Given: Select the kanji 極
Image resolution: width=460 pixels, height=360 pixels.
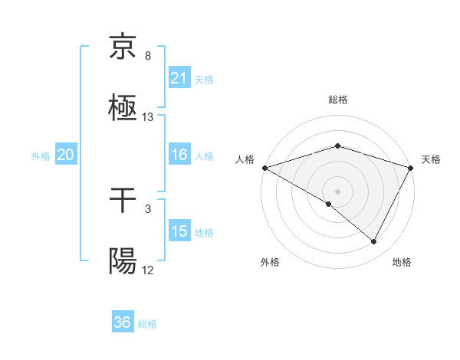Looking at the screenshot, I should [123, 107].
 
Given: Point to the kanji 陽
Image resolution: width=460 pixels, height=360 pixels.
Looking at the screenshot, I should [123, 261].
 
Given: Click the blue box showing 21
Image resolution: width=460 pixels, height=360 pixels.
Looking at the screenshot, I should [179, 77].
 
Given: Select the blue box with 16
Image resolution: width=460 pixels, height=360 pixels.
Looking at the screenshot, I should [179, 155].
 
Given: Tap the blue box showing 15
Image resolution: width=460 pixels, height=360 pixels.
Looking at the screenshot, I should [179, 231].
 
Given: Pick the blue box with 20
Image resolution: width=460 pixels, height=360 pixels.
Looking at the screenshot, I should [66, 155].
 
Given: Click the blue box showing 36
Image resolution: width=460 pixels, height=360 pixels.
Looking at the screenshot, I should [123, 322].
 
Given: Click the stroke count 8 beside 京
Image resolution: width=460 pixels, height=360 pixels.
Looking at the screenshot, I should [148, 56].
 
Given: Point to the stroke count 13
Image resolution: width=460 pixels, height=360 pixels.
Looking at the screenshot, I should [148, 117].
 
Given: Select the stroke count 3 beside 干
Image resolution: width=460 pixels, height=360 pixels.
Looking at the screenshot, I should [148, 208].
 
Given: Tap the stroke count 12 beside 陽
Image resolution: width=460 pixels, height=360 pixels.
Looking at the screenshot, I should [148, 270].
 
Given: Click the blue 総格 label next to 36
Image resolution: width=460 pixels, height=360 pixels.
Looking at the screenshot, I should [148, 324].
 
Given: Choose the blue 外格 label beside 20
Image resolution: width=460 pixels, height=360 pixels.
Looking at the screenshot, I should [41, 156].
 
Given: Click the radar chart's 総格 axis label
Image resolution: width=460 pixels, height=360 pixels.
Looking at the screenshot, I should [337, 100].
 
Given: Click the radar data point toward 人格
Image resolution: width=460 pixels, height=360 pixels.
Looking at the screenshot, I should [264, 168].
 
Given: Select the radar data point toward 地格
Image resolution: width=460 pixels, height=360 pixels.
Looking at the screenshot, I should [374, 242].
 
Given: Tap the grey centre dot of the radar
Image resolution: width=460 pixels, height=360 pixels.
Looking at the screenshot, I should [337, 191].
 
